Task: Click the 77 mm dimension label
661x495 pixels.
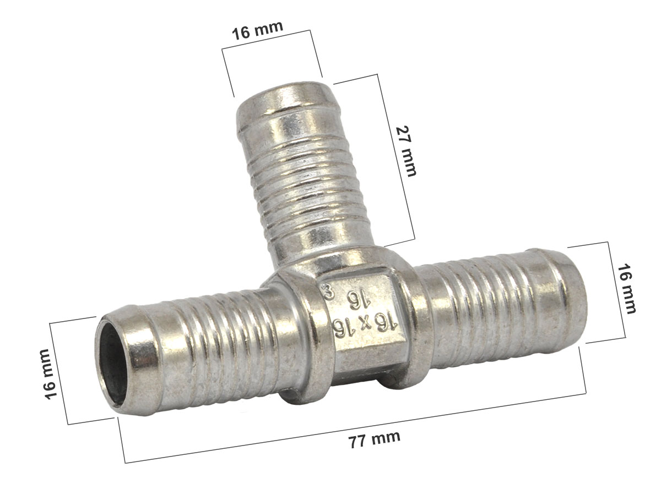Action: (x=375, y=439)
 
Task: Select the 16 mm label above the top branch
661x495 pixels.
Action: (x=257, y=30)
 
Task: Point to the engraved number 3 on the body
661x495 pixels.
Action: (x=328, y=292)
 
